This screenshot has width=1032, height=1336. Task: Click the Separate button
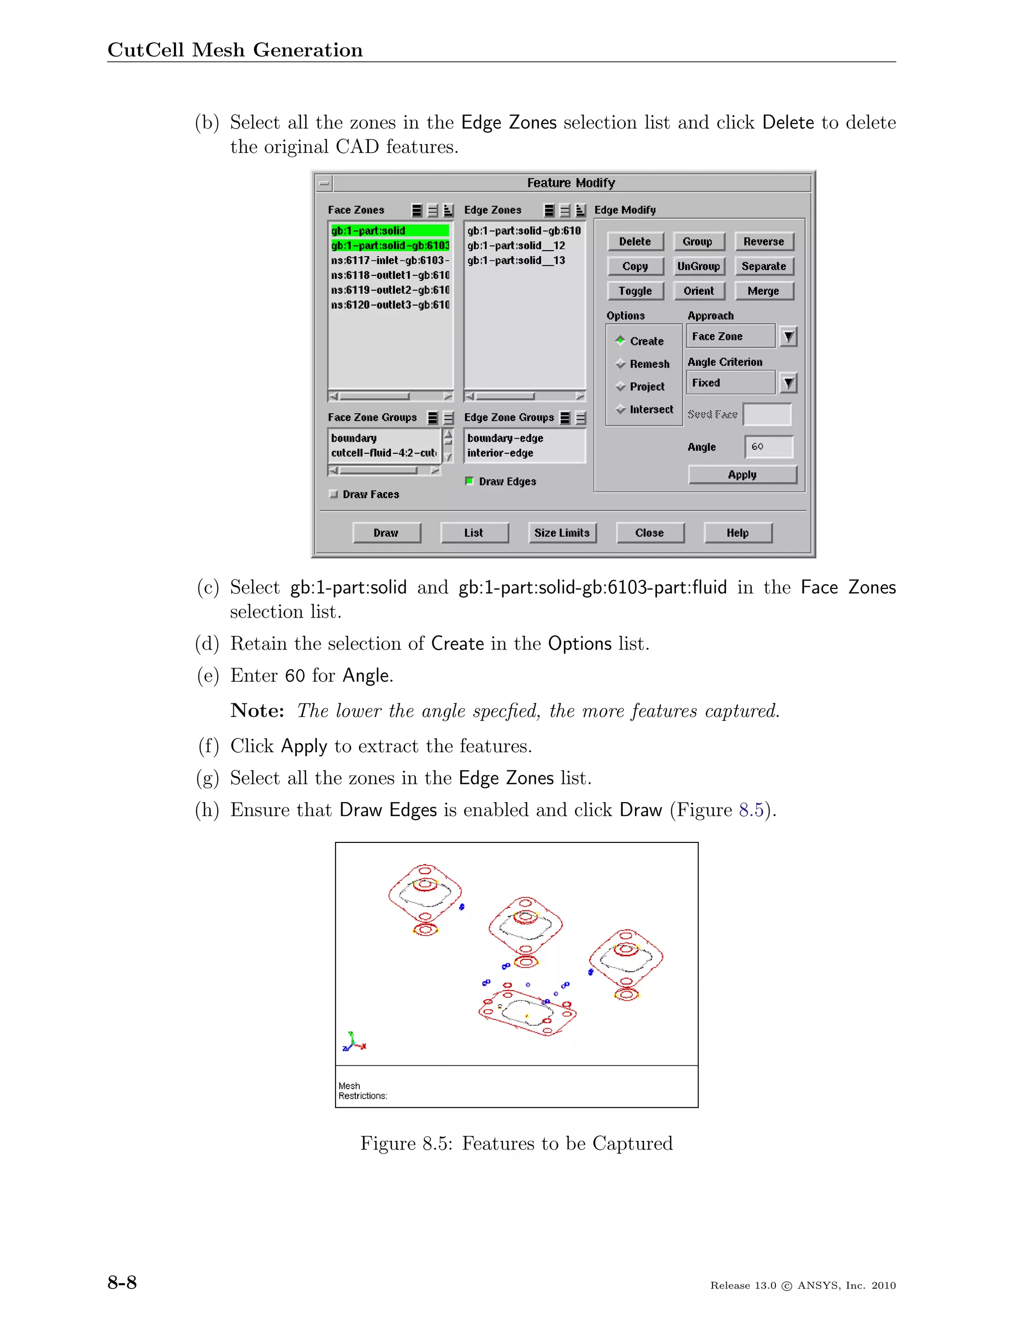[x=763, y=266]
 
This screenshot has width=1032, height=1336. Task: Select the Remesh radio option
[x=621, y=364]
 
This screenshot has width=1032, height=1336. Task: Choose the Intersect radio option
[x=621, y=409]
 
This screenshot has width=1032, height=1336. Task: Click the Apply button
[x=742, y=475]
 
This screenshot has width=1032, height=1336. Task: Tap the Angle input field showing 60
[x=768, y=447]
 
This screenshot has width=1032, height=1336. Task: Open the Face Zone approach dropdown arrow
[x=789, y=336]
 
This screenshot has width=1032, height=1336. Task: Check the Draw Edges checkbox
[x=470, y=481]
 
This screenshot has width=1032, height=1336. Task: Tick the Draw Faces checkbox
[x=333, y=494]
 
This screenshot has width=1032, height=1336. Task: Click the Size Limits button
[x=562, y=533]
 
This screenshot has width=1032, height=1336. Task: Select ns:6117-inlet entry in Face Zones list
[x=390, y=261]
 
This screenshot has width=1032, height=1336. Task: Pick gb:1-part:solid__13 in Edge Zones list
[x=516, y=261]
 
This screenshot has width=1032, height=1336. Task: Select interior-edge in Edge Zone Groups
[x=500, y=453]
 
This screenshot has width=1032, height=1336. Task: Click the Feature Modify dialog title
[x=571, y=183]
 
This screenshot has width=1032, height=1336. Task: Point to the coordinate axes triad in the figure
[x=354, y=1042]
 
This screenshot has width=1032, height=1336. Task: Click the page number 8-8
[x=122, y=1282]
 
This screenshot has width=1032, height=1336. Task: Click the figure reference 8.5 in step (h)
[x=751, y=810]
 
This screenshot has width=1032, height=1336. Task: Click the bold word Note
[x=257, y=711]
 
